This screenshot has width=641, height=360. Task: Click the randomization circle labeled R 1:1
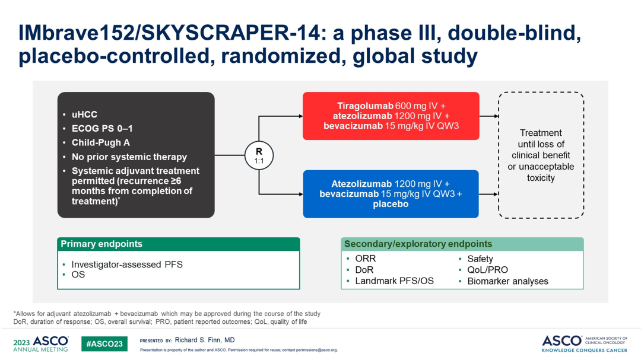point(259,156)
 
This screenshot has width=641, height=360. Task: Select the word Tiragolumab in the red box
point(365,106)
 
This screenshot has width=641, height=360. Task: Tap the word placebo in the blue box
point(391,204)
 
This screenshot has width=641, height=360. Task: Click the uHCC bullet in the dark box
point(84,114)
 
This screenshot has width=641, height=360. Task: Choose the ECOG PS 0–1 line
point(102,128)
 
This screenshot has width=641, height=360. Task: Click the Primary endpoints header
point(101,244)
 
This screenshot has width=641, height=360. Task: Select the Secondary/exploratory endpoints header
point(418,244)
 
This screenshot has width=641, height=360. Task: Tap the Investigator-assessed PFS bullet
point(127,265)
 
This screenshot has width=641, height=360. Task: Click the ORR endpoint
point(365,259)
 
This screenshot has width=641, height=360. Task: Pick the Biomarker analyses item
point(507,281)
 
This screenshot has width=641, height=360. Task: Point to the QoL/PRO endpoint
point(487,270)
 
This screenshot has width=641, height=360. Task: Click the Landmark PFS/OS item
point(394,281)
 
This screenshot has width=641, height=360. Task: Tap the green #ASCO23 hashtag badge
point(104,343)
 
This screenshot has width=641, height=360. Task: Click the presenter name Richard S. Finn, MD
point(204,340)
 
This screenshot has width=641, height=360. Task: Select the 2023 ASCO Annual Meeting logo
point(41,343)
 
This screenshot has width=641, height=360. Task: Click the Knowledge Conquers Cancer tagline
point(584,350)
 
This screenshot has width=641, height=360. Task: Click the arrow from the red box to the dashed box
point(489,116)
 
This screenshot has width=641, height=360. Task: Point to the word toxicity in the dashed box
point(541,178)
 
